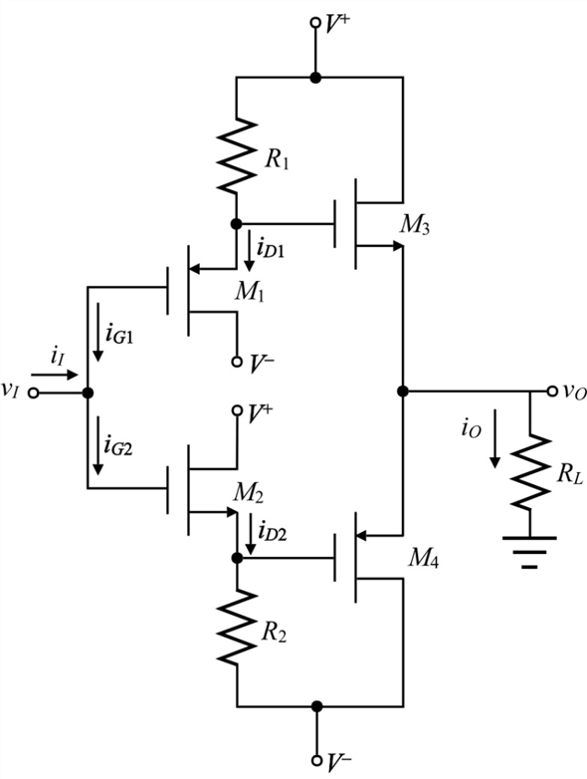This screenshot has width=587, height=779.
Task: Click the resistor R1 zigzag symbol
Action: click(x=237, y=155)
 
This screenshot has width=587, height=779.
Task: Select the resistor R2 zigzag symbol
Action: click(x=237, y=628)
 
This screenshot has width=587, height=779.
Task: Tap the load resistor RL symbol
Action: click(x=530, y=472)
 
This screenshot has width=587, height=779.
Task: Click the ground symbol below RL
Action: click(x=530, y=552)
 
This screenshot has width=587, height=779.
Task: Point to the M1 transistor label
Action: click(x=249, y=292)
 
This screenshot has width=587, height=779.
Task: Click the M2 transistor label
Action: click(x=249, y=494)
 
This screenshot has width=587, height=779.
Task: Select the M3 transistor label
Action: click(x=415, y=226)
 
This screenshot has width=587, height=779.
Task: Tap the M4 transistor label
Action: click(x=423, y=559)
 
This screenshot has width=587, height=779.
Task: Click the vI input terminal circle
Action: click(x=33, y=392)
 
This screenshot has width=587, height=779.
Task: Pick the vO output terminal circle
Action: click(x=552, y=391)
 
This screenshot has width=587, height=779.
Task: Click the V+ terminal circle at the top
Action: click(x=315, y=22)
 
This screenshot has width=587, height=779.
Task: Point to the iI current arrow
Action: click(x=55, y=375)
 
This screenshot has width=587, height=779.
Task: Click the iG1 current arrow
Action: click(x=98, y=332)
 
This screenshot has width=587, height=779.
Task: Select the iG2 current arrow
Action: click(x=98, y=445)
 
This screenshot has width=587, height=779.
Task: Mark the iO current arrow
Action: click(x=494, y=438)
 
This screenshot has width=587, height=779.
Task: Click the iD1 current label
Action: click(x=271, y=249)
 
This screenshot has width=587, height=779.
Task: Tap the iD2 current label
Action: click(x=272, y=532)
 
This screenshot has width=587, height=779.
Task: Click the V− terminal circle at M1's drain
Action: click(x=237, y=362)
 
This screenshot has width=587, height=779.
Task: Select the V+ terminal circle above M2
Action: click(x=238, y=409)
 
